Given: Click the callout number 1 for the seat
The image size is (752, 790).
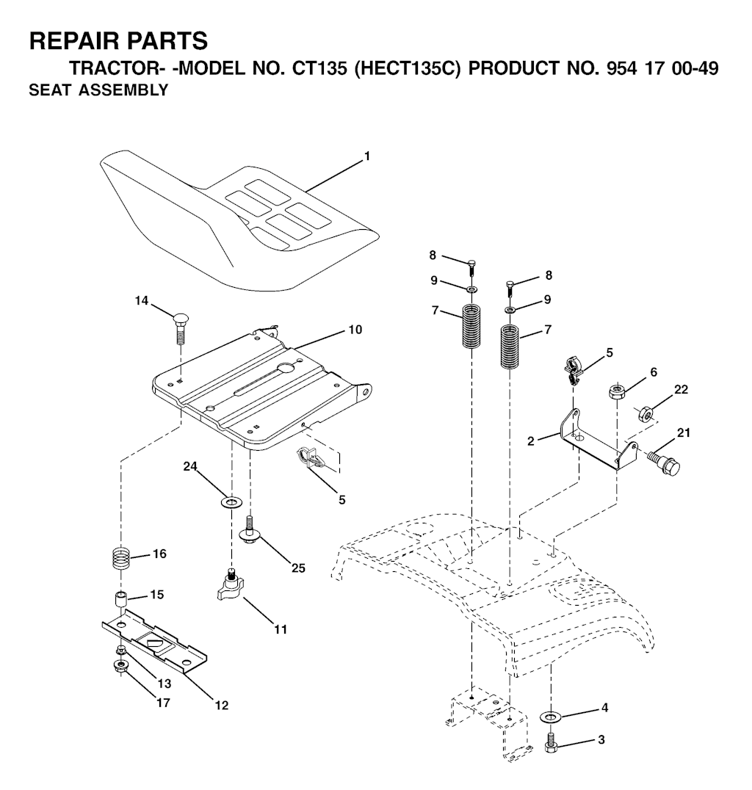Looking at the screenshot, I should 367,156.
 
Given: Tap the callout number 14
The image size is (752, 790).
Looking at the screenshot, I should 142,300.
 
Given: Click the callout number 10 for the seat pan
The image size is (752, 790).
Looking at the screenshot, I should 355,330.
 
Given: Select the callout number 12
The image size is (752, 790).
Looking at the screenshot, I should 221,706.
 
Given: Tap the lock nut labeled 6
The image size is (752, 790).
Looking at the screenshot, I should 617,391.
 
